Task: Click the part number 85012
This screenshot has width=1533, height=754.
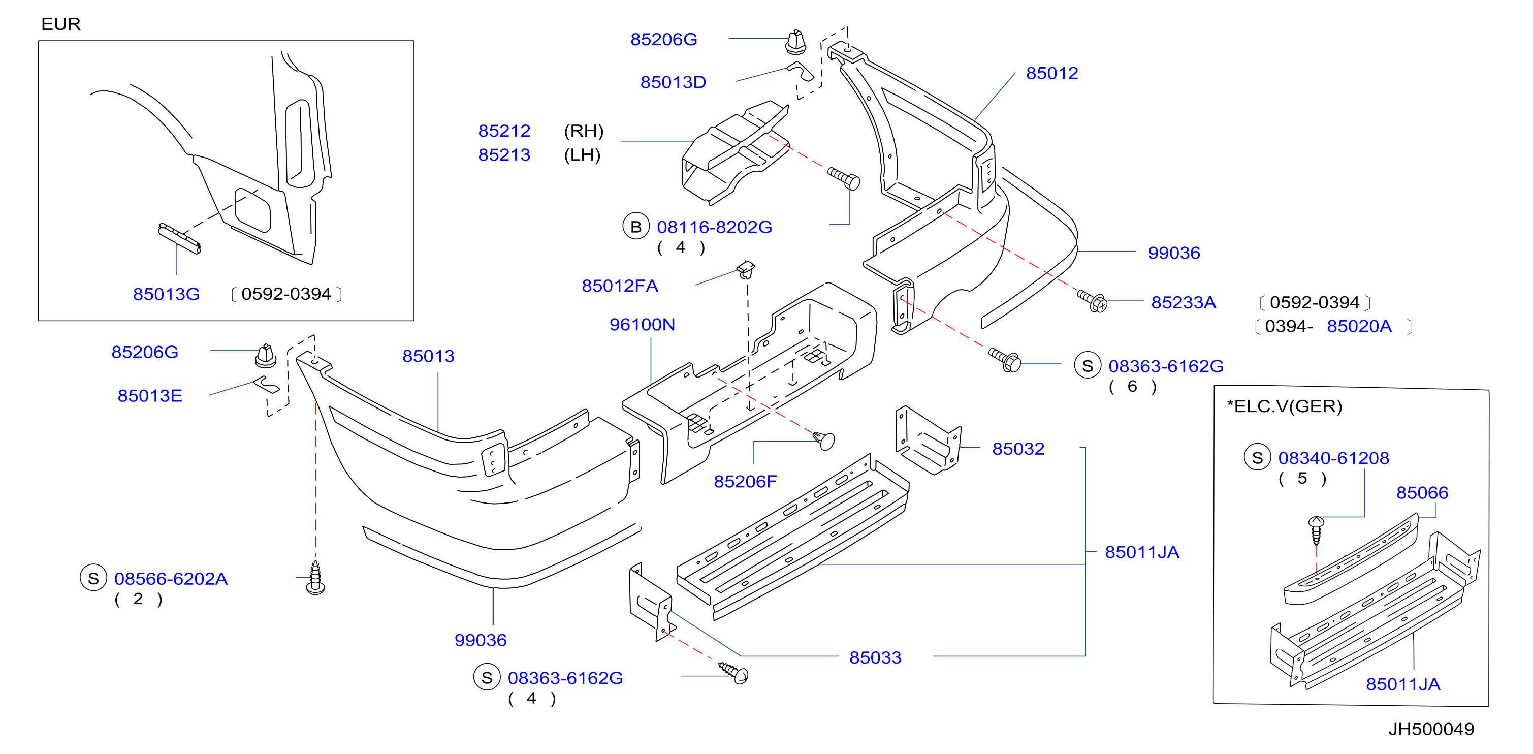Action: tap(1051, 73)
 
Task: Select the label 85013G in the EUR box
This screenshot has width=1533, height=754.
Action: tap(166, 294)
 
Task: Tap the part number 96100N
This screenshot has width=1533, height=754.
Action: tap(642, 324)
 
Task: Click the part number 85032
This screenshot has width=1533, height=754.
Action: tap(1018, 449)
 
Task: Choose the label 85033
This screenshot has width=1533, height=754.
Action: tap(875, 657)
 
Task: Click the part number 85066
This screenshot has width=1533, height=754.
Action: tap(1422, 493)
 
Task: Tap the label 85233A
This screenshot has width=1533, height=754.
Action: tap(1183, 302)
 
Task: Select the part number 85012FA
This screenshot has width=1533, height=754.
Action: tap(620, 286)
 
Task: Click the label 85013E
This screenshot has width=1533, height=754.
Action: tap(149, 396)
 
